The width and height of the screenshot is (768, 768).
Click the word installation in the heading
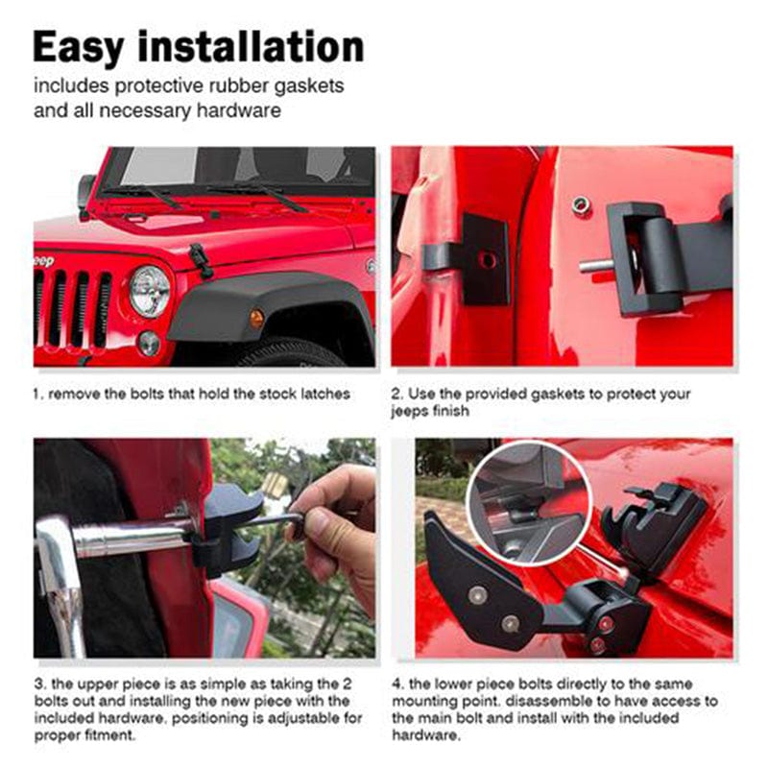coord(252,47)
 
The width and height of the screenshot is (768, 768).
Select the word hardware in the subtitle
coord(238,110)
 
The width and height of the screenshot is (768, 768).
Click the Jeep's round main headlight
coord(150,292)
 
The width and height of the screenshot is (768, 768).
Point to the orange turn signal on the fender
coord(256,318)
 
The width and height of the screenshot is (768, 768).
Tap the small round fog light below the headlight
coord(149,343)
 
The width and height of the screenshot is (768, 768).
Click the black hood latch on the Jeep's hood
coord(201,260)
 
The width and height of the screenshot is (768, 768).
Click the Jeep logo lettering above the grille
coord(43,261)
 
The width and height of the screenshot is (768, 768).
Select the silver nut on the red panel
coord(581,204)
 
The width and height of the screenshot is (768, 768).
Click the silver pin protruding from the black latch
coord(595,266)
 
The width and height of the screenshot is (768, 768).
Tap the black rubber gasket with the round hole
coord(485,259)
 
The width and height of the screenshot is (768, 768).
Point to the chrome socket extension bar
coord(132,539)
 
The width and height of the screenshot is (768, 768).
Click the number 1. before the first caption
coord(38,395)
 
